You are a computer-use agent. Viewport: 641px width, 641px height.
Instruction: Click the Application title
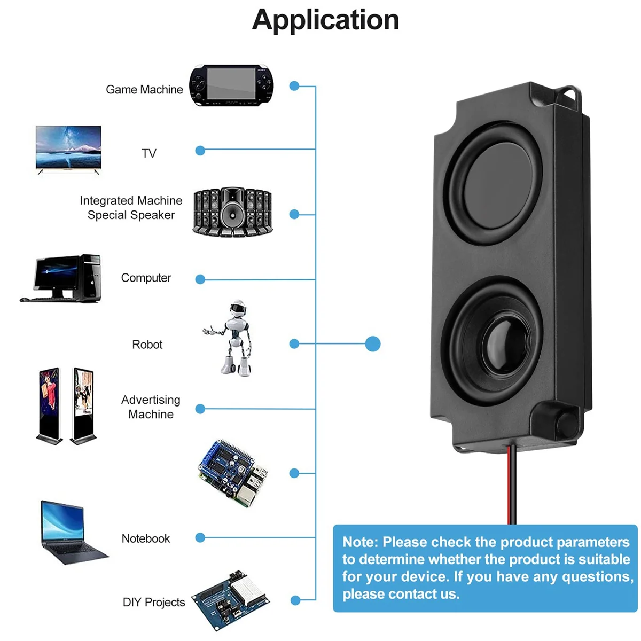point(325,20)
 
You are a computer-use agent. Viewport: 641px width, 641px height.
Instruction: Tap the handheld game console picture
point(231,85)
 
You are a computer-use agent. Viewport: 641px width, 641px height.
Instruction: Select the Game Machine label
point(144,90)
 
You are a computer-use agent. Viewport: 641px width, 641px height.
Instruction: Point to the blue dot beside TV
point(200,151)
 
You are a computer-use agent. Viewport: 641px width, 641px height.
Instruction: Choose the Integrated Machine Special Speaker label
point(131,208)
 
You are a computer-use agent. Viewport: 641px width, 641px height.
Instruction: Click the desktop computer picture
point(62,278)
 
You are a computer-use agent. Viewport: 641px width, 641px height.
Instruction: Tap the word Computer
point(146,278)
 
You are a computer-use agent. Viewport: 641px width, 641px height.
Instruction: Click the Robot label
point(147,345)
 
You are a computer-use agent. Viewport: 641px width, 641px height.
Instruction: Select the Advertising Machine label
point(151,407)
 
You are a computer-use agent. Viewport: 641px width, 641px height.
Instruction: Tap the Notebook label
point(145,538)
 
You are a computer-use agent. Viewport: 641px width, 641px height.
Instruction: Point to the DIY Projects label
point(154,603)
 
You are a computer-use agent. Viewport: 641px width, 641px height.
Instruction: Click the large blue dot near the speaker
point(373,344)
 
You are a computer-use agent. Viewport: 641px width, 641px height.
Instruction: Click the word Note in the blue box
point(359,542)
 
